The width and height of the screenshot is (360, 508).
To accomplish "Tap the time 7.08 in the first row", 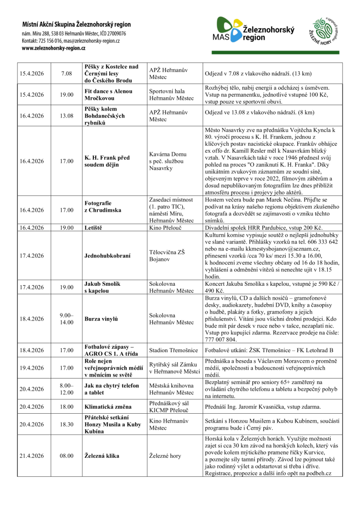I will coord(67,74).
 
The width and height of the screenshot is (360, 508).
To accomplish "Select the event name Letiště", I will coord(94,228).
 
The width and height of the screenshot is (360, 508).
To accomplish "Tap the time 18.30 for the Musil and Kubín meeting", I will coord(67,424).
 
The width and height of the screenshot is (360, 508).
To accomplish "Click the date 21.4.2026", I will coord(32,455).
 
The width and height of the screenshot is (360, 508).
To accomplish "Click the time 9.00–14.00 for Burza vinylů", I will coord(67,318).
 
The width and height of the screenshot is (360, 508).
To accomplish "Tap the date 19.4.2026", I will coord(32,369).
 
